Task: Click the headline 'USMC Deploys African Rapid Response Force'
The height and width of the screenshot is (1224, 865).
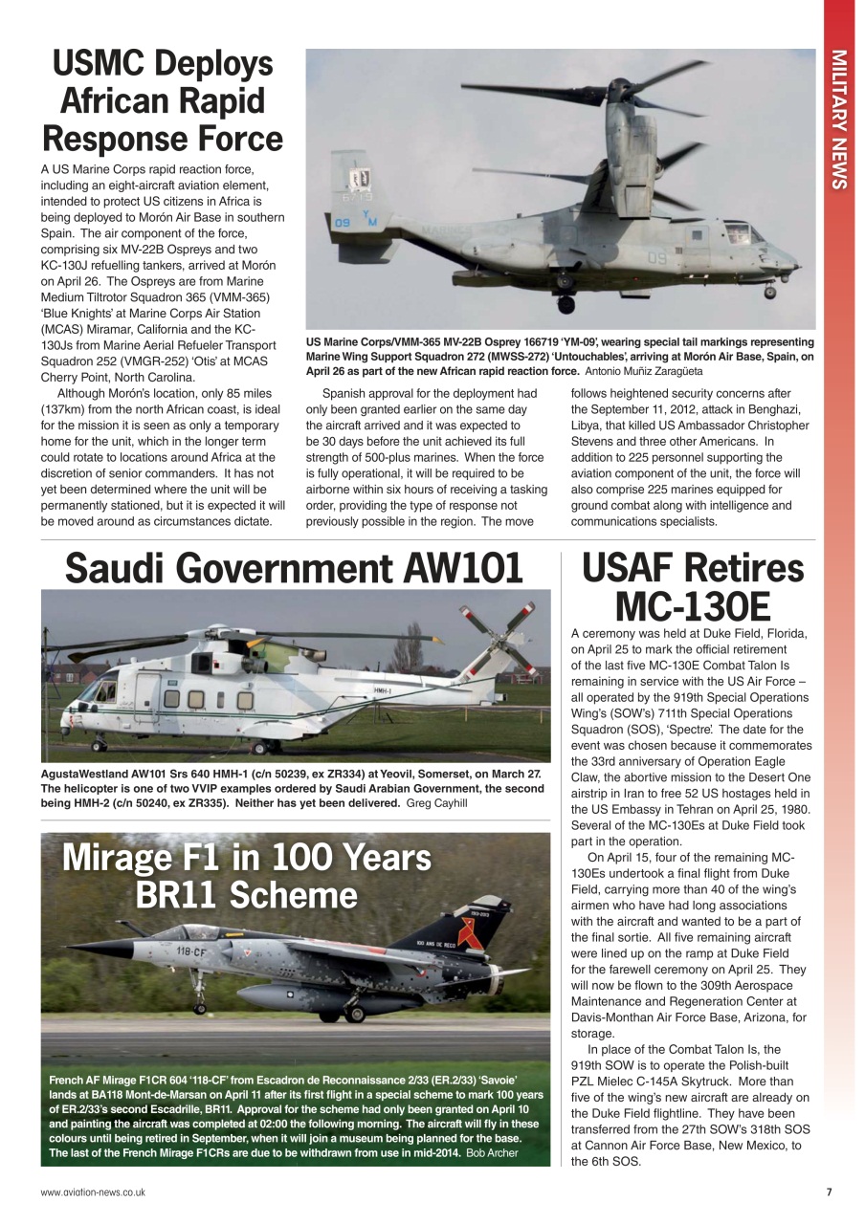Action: point(163,101)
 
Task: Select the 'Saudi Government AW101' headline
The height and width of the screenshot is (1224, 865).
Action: point(294,569)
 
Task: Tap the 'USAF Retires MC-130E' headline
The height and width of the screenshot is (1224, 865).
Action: point(693,586)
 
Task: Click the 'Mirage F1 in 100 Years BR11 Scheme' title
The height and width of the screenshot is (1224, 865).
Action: point(246,877)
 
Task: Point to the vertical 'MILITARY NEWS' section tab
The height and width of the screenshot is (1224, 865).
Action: point(839,119)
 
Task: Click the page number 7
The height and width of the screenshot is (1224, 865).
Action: point(829,1192)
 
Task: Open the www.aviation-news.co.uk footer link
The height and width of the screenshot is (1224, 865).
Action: point(93,1192)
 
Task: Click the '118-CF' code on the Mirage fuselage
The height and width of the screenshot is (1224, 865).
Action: point(192,951)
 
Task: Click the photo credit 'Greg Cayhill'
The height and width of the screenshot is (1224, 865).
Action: point(435,803)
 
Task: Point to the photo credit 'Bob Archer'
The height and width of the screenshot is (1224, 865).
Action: point(492,1152)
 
